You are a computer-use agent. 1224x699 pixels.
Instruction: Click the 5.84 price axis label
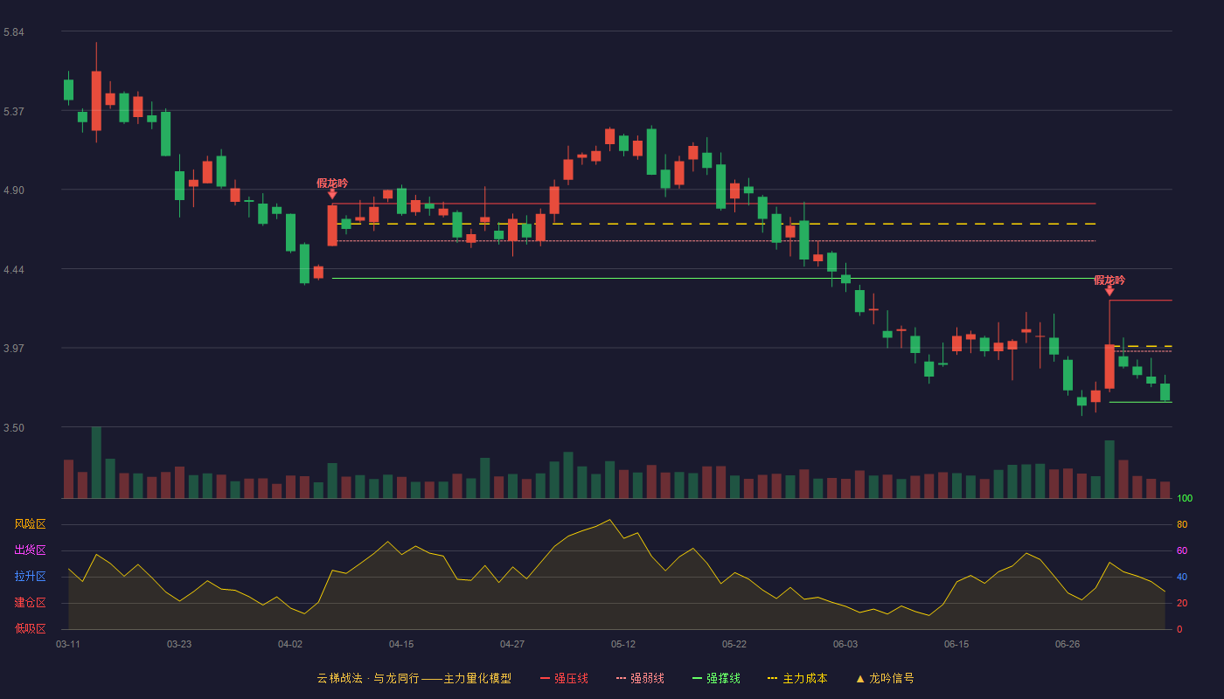pyautogui.click(x=14, y=32)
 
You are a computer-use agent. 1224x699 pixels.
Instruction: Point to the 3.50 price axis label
pyautogui.click(x=14, y=427)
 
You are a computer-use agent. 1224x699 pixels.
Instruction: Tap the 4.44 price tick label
pyautogui.click(x=14, y=270)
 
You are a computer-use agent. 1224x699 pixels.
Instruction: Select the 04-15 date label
pyautogui.click(x=401, y=645)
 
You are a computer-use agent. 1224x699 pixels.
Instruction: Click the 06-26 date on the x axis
pyautogui.click(x=1068, y=645)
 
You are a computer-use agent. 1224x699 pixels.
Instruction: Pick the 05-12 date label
pyautogui.click(x=622, y=645)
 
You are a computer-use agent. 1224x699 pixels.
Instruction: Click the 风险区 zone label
pyautogui.click(x=30, y=524)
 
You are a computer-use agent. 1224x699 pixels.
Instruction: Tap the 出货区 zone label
pyautogui.click(x=30, y=550)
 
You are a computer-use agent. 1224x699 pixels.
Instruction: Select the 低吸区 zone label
pyautogui.click(x=30, y=628)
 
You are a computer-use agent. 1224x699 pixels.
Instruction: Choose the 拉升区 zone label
pyautogui.click(x=30, y=576)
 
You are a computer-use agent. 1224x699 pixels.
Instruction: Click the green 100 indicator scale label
pyautogui.click(x=1185, y=498)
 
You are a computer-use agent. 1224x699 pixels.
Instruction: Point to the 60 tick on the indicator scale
pyautogui.click(x=1182, y=550)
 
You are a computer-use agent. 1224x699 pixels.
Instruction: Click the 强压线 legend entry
pyautogui.click(x=564, y=678)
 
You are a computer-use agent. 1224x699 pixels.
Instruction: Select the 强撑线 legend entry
pyautogui.click(x=716, y=678)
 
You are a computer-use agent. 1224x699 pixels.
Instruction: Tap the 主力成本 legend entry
pyautogui.click(x=797, y=678)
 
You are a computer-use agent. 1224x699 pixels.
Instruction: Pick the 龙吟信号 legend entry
pyautogui.click(x=885, y=678)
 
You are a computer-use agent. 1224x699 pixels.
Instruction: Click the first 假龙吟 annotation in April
pyautogui.click(x=332, y=183)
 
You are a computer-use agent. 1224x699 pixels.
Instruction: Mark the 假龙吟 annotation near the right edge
pyautogui.click(x=1109, y=280)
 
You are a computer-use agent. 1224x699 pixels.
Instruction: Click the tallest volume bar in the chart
pyautogui.click(x=96, y=462)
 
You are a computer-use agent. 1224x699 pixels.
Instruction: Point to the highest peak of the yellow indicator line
pyautogui.click(x=610, y=519)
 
